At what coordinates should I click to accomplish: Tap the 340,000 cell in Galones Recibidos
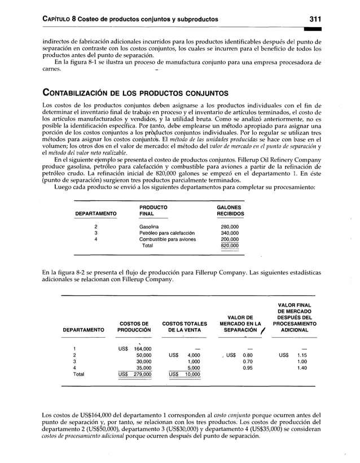click(x=229, y=233)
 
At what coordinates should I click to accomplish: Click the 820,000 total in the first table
click(x=229, y=246)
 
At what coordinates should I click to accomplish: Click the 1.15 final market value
click(x=302, y=355)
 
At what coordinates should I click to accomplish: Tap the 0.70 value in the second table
click(x=247, y=361)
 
